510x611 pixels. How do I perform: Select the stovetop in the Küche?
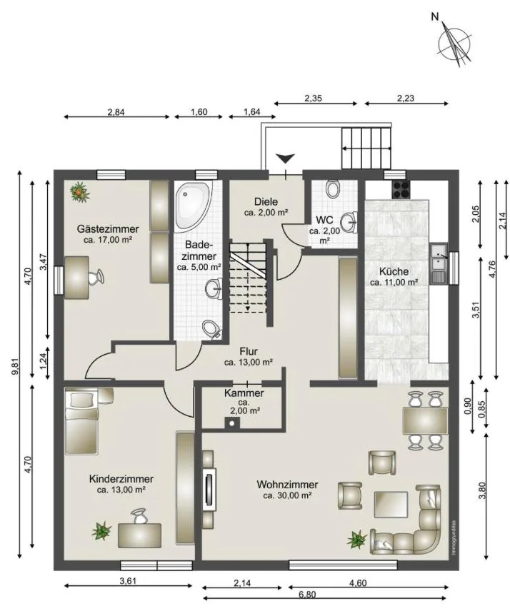click(401, 189)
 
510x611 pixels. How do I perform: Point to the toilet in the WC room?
click(333, 188)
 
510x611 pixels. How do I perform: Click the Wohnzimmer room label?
click(287, 485)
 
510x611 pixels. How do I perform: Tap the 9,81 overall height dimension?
click(15, 367)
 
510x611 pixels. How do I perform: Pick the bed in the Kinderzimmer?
click(81, 423)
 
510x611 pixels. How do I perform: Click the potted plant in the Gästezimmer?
click(79, 192)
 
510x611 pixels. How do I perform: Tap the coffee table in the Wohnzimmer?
click(391, 505)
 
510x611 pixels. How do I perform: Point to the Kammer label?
click(244, 393)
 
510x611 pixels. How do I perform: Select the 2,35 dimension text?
click(313, 99)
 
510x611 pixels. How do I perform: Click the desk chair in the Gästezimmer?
click(96, 277)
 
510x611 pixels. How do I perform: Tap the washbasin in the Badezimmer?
click(214, 289)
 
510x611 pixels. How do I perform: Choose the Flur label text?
click(249, 352)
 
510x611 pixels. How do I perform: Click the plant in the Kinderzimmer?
click(101, 530)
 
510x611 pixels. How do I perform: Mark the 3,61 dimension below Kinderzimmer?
click(128, 581)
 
